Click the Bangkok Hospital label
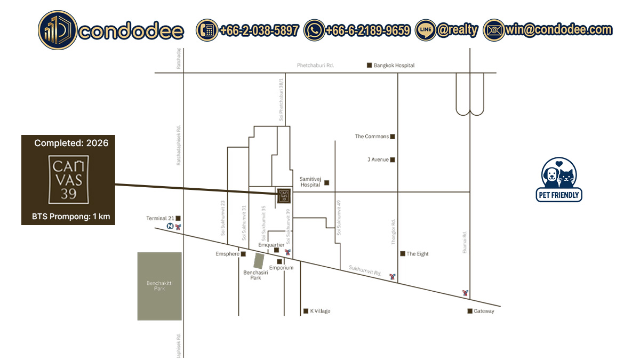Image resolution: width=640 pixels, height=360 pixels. [394, 65]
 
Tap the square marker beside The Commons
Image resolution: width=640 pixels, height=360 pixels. [393, 137]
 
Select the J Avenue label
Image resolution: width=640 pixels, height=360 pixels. [378, 159]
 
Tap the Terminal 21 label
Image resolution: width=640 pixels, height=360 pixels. [160, 218]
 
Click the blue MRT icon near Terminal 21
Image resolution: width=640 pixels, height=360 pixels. [170, 226]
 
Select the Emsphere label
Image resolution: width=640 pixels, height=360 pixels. [227, 254]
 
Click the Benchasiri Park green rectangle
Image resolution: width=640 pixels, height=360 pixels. [259, 261]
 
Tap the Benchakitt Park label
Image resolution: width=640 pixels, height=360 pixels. [159, 285]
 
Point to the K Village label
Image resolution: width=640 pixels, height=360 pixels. [320, 311]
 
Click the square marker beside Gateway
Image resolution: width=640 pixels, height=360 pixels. [470, 311]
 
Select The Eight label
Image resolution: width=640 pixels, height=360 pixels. [418, 254]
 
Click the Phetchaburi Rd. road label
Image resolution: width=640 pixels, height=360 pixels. [315, 65]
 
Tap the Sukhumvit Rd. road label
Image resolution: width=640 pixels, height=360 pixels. [365, 270]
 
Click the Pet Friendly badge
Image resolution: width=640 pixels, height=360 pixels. [559, 180]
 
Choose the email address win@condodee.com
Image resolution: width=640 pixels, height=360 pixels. [558, 30]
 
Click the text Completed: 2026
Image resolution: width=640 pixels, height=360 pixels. [71, 143]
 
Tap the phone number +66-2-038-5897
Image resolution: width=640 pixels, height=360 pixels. [258, 30]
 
